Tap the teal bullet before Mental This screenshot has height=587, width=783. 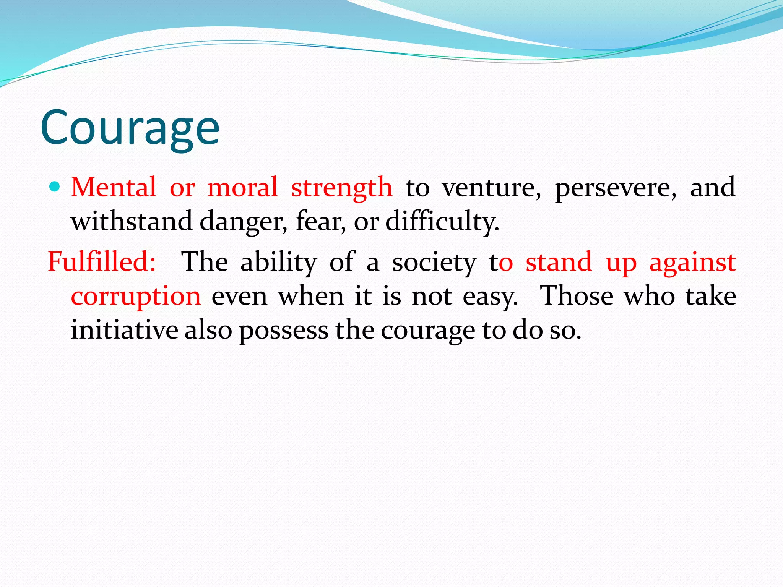pyautogui.click(x=55, y=187)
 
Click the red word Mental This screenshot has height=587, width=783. pyautogui.click(x=114, y=187)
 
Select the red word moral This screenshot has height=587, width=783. pyautogui.click(x=242, y=187)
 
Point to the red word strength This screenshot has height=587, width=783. pyautogui.click(x=342, y=188)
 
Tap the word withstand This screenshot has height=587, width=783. pyautogui.click(x=132, y=221)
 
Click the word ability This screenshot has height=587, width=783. pyautogui.click(x=278, y=263)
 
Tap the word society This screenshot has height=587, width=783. pyautogui.click(x=434, y=263)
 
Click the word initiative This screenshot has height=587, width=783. pyautogui.click(x=124, y=330)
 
